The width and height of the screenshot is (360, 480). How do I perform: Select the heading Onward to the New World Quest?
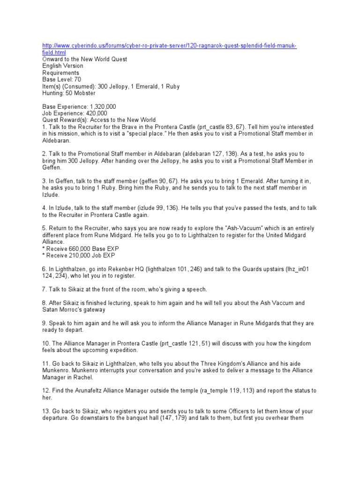click(84, 60)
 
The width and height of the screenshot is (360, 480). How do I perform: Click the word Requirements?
click(61, 73)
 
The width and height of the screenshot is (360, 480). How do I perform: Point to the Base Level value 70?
click(77, 80)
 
